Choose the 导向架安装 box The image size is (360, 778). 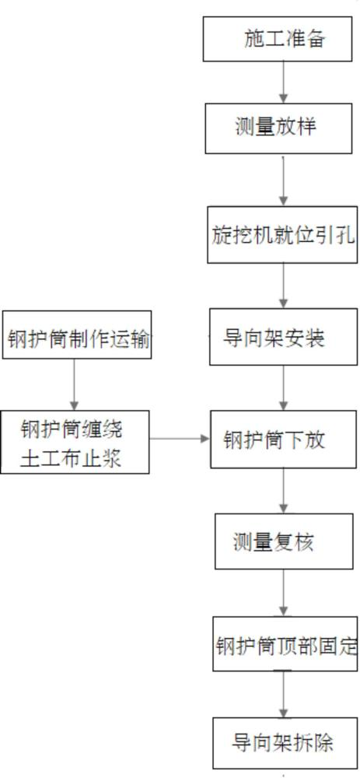(283, 337)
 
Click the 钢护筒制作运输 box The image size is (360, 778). (77, 335)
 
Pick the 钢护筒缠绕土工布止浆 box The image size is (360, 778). (75, 442)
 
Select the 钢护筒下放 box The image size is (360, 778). (284, 439)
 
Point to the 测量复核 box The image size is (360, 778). (283, 541)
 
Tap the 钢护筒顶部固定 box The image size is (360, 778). (285, 644)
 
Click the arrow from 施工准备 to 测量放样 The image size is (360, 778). (283, 82)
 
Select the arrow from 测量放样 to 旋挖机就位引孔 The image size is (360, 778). (283, 180)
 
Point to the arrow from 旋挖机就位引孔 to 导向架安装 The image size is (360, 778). (283, 286)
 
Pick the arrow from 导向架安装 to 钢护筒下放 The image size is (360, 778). (283, 388)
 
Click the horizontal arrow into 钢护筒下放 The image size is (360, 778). (180, 439)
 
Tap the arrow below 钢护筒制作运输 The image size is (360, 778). (75, 384)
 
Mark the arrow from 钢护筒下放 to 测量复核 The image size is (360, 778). (283, 491)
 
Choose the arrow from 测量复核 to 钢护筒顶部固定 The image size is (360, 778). (283, 593)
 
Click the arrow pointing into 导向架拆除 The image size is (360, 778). (283, 694)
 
